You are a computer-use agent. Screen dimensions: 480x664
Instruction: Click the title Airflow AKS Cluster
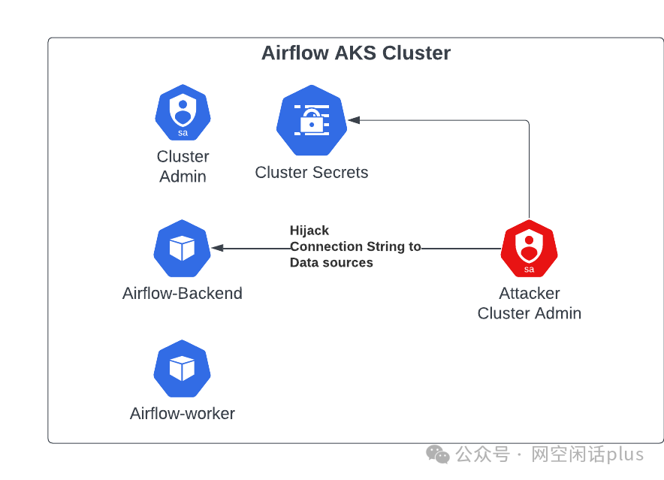click(355, 53)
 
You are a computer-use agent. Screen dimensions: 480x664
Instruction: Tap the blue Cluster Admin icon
click(183, 114)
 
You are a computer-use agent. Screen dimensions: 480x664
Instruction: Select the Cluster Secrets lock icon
click(311, 120)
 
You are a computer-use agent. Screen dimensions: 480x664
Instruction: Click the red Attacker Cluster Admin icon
click(529, 249)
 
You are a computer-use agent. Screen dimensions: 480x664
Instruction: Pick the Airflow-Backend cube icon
click(182, 248)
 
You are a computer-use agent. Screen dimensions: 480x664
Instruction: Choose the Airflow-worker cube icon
click(182, 368)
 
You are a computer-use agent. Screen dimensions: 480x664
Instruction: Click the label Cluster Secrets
click(312, 173)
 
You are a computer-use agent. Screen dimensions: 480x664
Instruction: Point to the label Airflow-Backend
click(183, 294)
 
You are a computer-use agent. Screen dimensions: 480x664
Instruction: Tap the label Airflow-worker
click(183, 414)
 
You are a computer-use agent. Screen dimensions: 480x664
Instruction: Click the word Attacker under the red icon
click(530, 294)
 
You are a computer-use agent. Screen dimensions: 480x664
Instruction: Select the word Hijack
click(309, 231)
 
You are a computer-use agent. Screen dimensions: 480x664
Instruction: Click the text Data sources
click(331, 263)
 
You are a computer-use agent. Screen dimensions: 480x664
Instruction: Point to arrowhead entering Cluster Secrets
click(353, 120)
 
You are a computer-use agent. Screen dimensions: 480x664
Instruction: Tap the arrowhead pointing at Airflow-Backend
click(217, 248)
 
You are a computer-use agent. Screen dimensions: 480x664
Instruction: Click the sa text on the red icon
click(529, 269)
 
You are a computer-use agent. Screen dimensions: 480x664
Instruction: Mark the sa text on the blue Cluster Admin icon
click(183, 133)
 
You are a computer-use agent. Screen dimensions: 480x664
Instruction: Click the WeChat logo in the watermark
click(438, 454)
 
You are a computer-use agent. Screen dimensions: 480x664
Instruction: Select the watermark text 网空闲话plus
click(587, 454)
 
